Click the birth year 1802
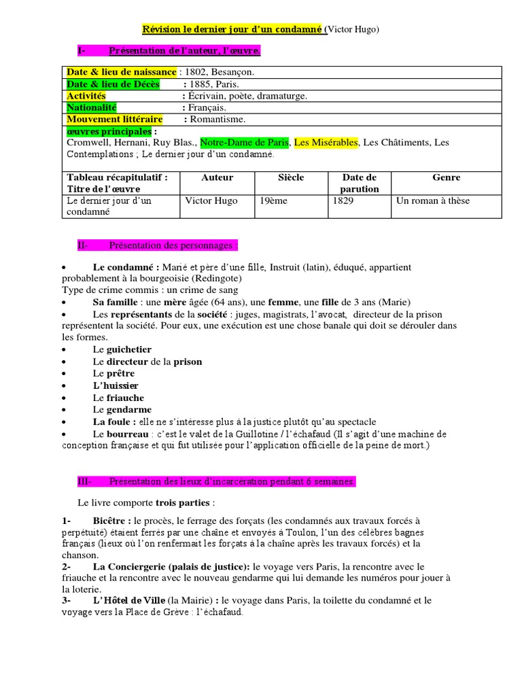[194, 72]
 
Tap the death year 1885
[201, 84]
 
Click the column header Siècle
[291, 177]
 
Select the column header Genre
[446, 177]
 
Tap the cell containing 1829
[345, 201]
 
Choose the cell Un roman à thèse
[433, 201]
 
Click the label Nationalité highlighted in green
[92, 107]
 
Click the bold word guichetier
[129, 349]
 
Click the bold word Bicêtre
[111, 521]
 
